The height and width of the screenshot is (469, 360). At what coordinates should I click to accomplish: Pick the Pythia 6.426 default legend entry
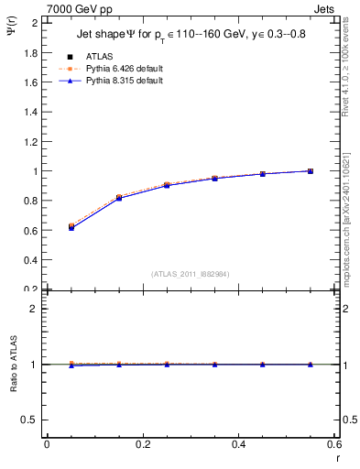[123, 68]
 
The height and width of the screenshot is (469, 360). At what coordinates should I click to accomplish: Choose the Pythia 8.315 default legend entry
[123, 81]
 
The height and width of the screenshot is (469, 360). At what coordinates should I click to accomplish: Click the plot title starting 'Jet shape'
[191, 36]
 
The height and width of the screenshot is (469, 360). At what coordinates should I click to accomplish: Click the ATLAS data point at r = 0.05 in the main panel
[71, 226]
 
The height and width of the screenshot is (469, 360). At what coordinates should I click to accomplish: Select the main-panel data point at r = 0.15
[119, 198]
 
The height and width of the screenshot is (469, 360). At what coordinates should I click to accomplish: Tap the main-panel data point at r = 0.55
[311, 171]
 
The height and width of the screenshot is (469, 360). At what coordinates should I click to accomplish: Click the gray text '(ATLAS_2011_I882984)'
[191, 274]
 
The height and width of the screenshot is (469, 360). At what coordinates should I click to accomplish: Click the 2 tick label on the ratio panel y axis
[33, 309]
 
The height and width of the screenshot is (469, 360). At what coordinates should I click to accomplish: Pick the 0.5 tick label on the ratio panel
[28, 420]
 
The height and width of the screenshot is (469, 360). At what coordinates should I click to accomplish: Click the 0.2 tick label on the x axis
[142, 444]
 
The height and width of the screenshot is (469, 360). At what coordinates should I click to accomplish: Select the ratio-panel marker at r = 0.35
[215, 364]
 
